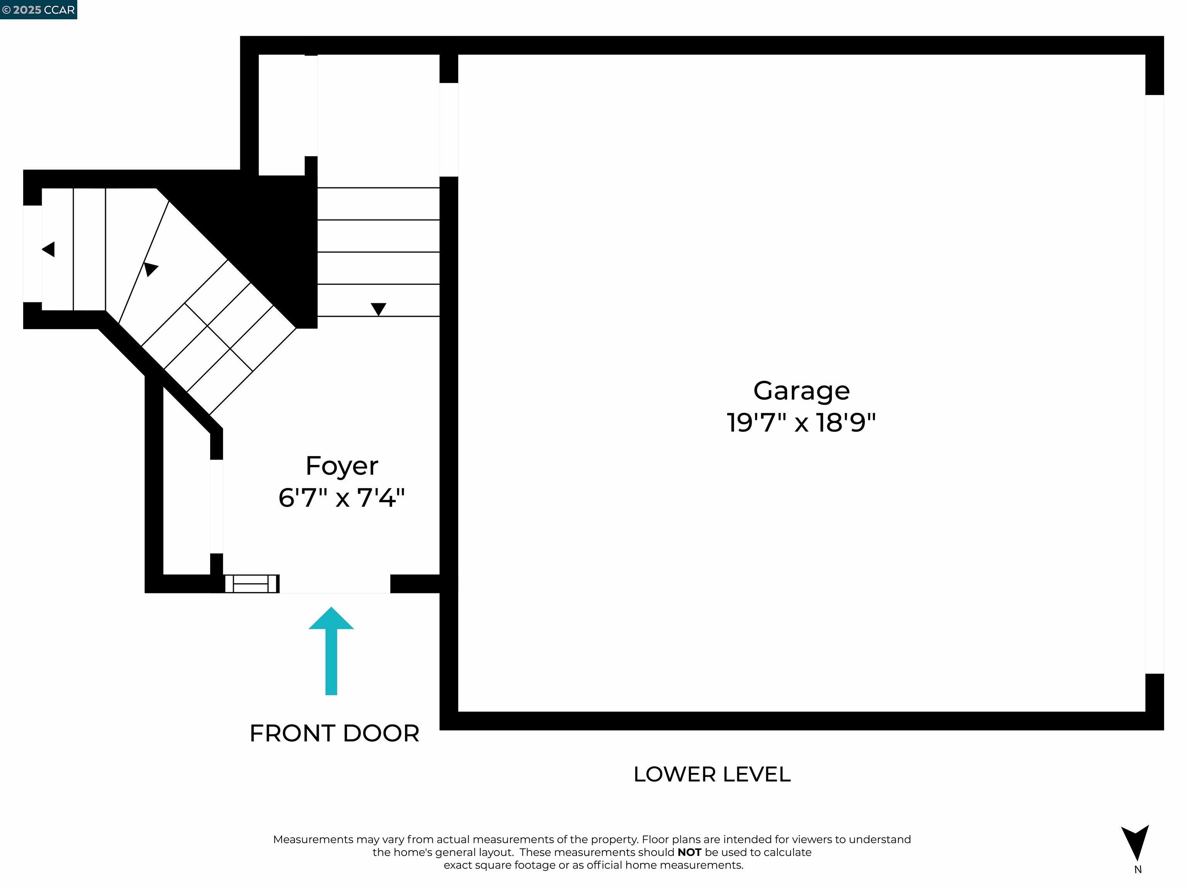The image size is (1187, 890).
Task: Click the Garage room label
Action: pos(801,391)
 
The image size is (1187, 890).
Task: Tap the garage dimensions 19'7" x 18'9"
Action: pos(801,423)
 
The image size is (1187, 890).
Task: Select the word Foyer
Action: pos(342,465)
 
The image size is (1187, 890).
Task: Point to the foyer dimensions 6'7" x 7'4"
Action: pos(342,498)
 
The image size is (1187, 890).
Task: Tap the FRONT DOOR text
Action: pos(334,733)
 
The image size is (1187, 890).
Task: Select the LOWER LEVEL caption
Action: pos(712,774)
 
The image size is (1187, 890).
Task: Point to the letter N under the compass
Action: pos(1138,870)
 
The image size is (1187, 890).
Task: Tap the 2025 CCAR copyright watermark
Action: pos(39,10)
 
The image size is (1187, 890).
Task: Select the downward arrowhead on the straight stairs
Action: pos(378,309)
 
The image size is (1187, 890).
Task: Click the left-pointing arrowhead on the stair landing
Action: pos(48,250)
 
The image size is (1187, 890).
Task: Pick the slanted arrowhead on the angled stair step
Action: pos(150,268)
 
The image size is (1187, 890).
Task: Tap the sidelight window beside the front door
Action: pos(252,583)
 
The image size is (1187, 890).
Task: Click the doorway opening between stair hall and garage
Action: pos(449,129)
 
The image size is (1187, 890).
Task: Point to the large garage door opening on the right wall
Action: pos(1154,384)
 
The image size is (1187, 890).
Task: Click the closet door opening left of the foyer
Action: pos(216,506)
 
